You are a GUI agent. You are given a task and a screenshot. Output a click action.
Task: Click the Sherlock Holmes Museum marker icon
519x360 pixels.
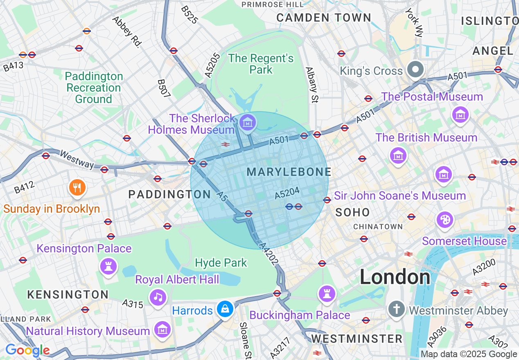coord(248,122)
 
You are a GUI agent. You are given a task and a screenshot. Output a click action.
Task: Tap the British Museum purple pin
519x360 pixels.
coord(398,155)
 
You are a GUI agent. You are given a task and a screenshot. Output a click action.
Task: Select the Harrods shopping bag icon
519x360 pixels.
coord(225,309)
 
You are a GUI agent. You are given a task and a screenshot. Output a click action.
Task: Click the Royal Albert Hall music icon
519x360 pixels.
coord(158,297)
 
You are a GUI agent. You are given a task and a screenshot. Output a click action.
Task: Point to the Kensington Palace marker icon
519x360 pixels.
coord(108,266)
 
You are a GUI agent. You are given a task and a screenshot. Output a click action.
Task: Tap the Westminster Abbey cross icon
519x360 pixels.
coord(396,308)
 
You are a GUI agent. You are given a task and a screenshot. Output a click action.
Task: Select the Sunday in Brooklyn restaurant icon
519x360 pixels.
coord(76,187)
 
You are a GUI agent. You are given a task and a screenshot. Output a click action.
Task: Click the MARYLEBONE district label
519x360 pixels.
coord(289,172)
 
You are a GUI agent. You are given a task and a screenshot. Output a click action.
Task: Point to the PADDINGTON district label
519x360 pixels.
coord(169,194)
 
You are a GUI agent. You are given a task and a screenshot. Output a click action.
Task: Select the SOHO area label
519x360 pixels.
coord(352,212)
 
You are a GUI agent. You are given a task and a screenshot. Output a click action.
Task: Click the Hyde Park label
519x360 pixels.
coord(221,263)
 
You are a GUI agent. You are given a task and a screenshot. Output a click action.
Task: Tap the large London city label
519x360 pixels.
coord(395,277)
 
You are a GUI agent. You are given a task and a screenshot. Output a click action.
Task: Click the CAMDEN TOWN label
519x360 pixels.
coord(323,18)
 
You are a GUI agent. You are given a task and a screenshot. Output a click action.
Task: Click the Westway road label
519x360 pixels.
coord(77,159)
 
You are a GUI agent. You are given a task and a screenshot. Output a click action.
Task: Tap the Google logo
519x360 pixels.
coord(27,350)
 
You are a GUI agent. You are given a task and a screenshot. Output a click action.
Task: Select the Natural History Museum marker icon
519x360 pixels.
coord(162,329)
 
